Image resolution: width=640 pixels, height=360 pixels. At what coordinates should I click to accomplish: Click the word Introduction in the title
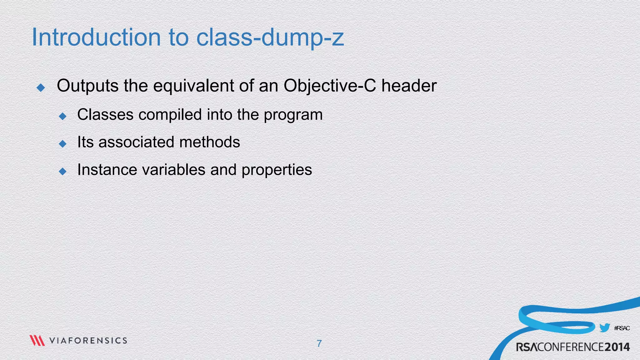[96, 37]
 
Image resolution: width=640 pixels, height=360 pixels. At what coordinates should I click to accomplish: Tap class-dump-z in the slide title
[270, 38]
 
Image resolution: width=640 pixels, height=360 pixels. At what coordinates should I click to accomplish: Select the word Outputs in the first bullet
[87, 86]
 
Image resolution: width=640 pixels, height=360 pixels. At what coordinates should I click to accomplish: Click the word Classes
[105, 114]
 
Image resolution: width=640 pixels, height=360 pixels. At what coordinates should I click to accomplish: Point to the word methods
[210, 142]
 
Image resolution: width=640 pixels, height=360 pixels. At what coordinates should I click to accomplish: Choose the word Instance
[107, 170]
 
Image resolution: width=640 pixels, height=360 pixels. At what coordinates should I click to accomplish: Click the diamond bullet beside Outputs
[41, 87]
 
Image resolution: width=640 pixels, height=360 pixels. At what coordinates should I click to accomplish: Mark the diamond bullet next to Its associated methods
[62, 144]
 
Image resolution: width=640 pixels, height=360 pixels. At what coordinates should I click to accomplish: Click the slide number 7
[319, 343]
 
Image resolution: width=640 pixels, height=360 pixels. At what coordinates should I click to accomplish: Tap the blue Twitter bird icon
[605, 328]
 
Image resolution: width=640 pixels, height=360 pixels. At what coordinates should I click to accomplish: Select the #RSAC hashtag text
[622, 328]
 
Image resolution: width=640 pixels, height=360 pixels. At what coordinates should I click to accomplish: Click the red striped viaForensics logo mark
[37, 340]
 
